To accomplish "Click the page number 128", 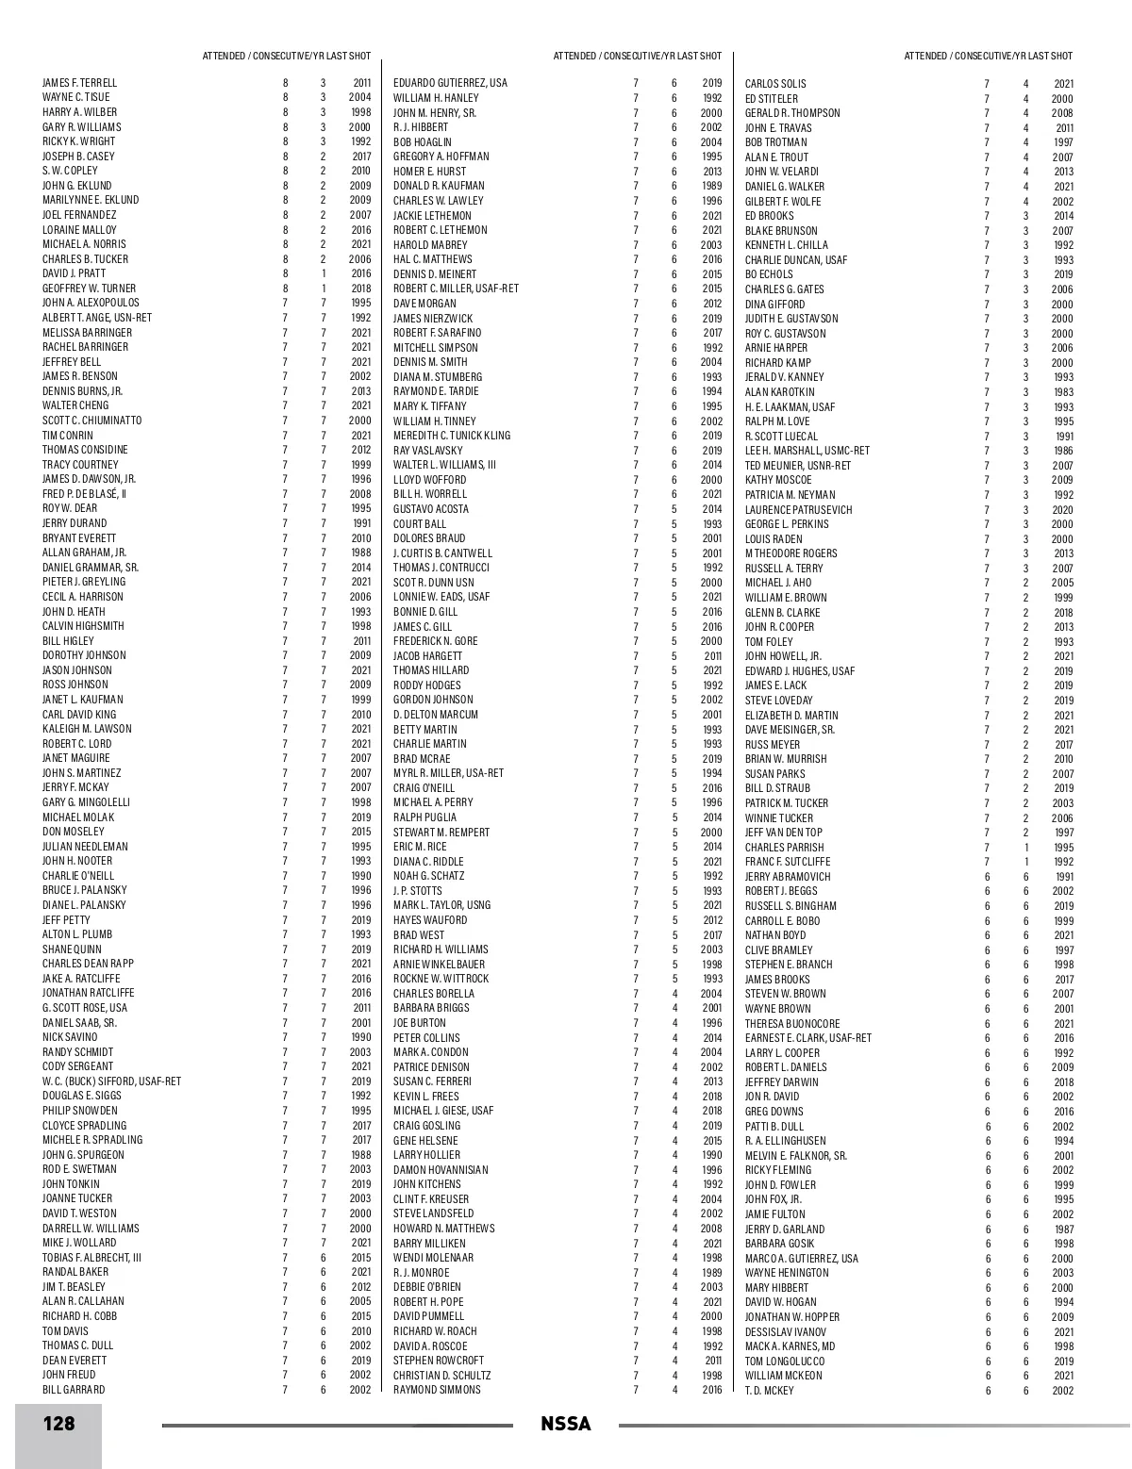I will [x=58, y=1423].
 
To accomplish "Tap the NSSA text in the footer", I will [x=566, y=1424].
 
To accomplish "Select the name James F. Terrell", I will [x=79, y=83].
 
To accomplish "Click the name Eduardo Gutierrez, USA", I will [x=450, y=83].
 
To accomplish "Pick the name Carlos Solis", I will [x=775, y=84].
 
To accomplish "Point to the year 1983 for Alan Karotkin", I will [x=1063, y=392].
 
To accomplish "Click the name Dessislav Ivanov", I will [x=786, y=1332].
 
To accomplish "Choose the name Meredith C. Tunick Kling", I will [x=452, y=436].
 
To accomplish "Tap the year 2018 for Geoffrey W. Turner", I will [x=360, y=289].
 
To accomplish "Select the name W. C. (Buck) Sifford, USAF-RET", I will [x=111, y=1081].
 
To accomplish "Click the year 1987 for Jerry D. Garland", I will [x=1063, y=1230].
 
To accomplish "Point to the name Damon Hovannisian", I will [x=441, y=1170].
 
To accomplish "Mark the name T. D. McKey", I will [x=769, y=1391].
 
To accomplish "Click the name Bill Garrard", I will [x=74, y=1390].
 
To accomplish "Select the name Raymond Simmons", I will [x=437, y=1390].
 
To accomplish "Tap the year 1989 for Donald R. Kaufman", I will [x=711, y=186].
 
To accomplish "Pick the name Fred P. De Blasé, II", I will [x=84, y=494].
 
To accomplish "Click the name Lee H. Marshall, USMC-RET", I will [x=807, y=451].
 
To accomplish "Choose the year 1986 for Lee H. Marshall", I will [x=1063, y=451].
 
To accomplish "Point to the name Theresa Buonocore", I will [x=792, y=1024].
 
